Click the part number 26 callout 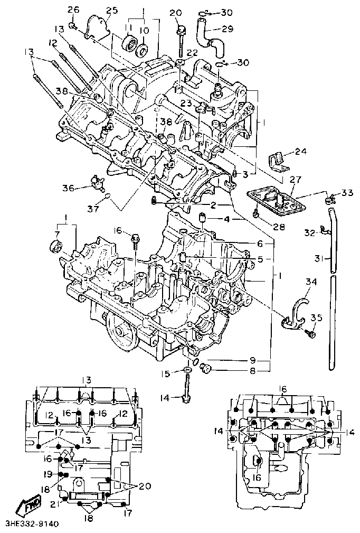73,10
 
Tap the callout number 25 111,10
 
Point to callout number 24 300,152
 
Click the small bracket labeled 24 278,161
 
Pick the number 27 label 295,180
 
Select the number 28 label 278,227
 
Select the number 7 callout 57,233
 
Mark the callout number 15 165,374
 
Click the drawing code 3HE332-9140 31,524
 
